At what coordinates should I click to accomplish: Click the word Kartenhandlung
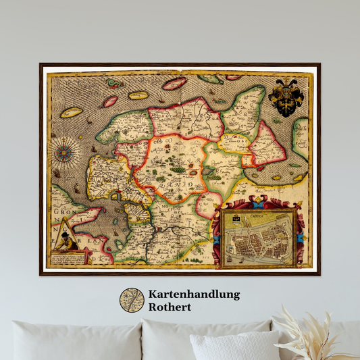pos(194,294)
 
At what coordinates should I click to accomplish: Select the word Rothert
pos(170,307)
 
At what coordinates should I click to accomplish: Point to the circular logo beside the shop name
pos(132,300)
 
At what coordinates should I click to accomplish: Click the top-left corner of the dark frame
pos(41,64)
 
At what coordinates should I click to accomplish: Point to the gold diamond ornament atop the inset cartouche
pos(257,201)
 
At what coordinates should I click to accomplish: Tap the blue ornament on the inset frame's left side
pos(217,240)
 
